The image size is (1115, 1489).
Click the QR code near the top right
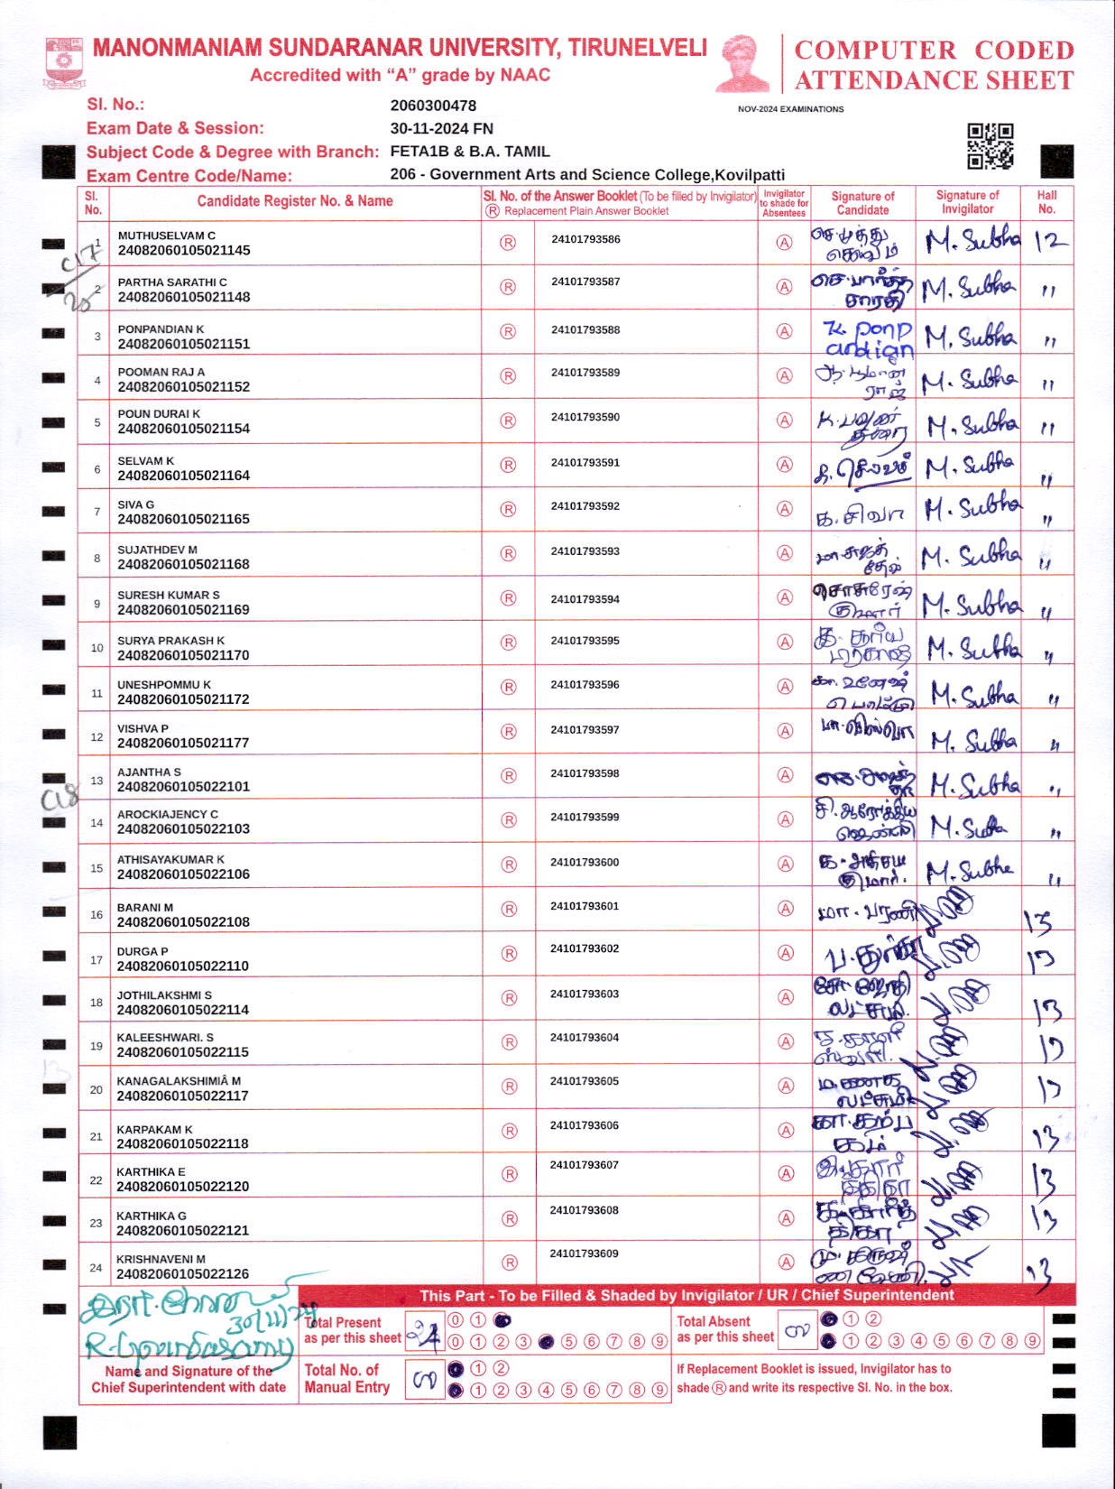tap(990, 146)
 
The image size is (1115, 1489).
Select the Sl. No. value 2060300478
tap(433, 106)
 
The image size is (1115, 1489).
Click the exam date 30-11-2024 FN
tap(441, 129)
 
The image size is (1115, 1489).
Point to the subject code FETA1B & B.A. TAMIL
tap(469, 152)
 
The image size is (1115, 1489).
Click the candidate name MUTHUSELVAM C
tap(167, 236)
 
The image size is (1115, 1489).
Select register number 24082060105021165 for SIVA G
tap(184, 520)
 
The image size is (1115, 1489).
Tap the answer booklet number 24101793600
tap(585, 863)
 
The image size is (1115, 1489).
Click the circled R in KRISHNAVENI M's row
tap(509, 1262)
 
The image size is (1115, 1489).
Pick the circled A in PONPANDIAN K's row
tap(785, 331)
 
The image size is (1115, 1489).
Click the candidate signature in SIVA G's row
tap(861, 514)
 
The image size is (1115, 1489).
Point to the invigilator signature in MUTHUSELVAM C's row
tap(971, 241)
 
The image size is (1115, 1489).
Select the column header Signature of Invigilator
tap(967, 202)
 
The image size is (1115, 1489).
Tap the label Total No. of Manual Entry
tap(346, 1379)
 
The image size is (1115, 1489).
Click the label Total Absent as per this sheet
tap(724, 1329)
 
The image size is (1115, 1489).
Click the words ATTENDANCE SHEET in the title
tap(934, 81)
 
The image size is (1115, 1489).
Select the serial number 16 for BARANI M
tap(97, 915)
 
